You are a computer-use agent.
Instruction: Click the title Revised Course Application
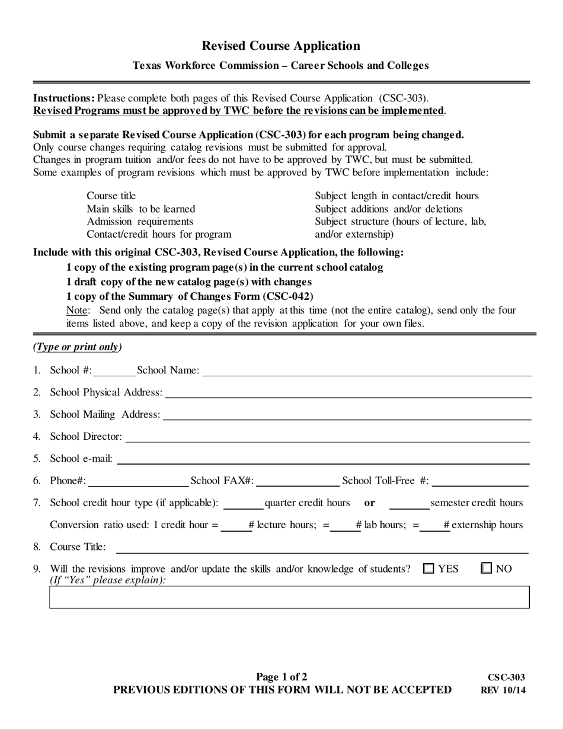[281, 46]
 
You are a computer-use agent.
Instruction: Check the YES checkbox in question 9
[428, 568]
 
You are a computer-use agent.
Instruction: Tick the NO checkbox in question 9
[487, 568]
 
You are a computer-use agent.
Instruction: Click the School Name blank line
[366, 371]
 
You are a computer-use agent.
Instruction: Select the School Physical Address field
[348, 393]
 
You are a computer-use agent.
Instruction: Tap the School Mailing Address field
[347, 415]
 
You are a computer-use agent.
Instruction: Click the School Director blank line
[328, 437]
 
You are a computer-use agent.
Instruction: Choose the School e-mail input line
[324, 459]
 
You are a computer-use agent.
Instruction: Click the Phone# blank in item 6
[137, 481]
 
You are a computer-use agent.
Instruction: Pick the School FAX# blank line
[298, 481]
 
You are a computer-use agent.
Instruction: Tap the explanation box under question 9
[289, 597]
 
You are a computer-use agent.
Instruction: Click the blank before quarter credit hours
[243, 504]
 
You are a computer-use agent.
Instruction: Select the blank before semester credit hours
[409, 504]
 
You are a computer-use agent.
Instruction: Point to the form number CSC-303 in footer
[506, 677]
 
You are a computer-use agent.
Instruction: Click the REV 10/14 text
[503, 690]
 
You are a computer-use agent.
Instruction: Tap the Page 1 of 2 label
[281, 677]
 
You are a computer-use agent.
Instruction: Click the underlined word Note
[77, 311]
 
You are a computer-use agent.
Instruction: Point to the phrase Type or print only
[78, 347]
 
